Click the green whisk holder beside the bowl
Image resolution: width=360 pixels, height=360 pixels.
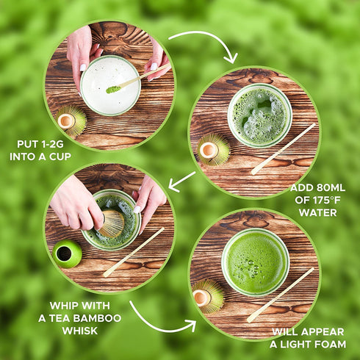click(x=67, y=253)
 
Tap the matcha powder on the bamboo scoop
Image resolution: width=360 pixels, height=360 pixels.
click(x=113, y=90)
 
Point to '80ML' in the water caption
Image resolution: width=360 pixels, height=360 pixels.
click(x=331, y=188)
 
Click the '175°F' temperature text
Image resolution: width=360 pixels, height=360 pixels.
click(x=326, y=201)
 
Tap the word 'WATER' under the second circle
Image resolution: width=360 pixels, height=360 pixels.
click(x=318, y=212)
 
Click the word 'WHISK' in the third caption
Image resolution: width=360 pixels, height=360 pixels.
click(x=80, y=331)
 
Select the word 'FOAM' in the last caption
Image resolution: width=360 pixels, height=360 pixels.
click(x=330, y=345)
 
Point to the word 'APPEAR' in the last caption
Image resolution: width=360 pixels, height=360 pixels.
click(x=323, y=332)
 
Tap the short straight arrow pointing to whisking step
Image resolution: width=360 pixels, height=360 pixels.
click(x=181, y=181)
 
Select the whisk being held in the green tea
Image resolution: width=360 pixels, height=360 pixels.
click(x=112, y=223)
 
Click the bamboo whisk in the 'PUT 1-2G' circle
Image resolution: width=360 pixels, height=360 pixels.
click(x=71, y=120)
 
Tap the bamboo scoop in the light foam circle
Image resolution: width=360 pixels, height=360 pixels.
click(x=281, y=295)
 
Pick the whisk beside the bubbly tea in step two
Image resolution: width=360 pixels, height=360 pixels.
click(x=213, y=149)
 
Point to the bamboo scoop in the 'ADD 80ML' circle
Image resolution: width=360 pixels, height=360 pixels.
click(x=284, y=148)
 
